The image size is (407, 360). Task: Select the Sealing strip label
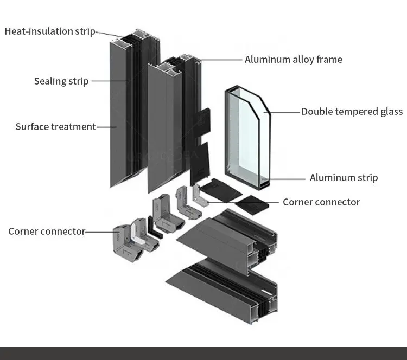point(61,81)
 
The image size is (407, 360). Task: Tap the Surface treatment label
point(55,127)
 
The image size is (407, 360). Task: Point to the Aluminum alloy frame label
point(293,60)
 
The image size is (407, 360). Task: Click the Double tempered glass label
point(352,112)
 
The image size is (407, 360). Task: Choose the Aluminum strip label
point(344,178)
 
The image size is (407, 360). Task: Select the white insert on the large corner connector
point(137,235)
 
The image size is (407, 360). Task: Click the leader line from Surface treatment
point(106,127)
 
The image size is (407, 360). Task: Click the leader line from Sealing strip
point(109,81)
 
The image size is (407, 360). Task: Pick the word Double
point(316,112)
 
